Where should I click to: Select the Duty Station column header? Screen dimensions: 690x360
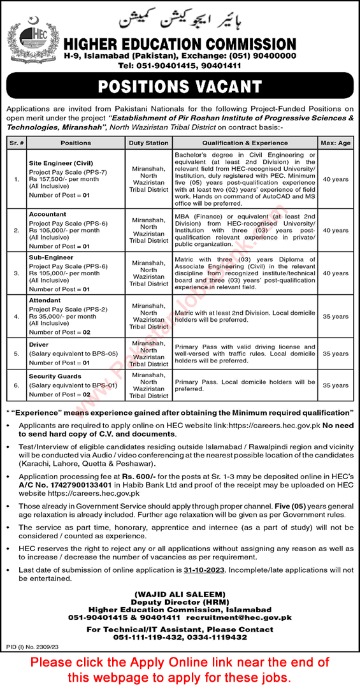[148, 143]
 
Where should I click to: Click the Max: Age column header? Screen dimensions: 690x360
[336, 143]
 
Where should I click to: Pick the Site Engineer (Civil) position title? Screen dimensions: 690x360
[59, 162]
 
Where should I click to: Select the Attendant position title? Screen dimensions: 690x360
[44, 299]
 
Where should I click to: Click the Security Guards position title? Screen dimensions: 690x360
[55, 376]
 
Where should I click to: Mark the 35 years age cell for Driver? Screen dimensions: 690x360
[336, 352]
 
